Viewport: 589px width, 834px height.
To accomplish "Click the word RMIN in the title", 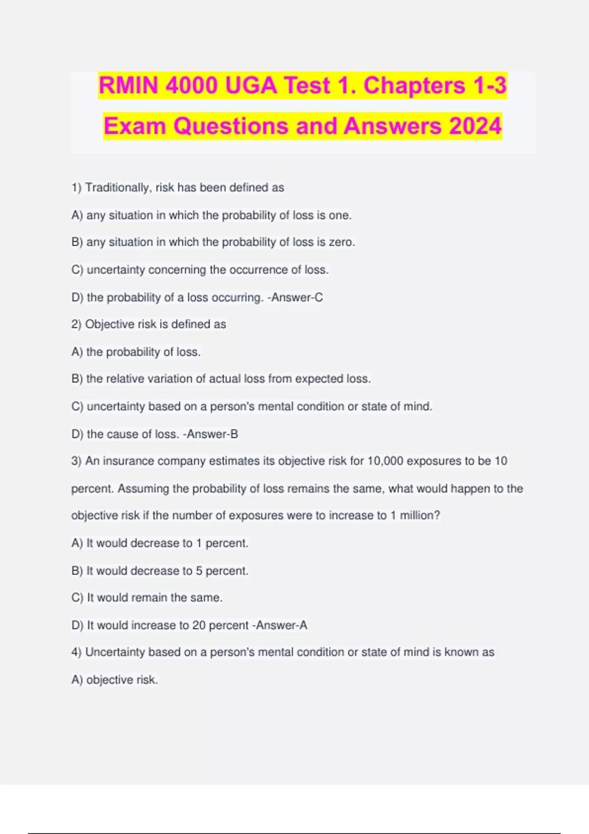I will tap(129, 85).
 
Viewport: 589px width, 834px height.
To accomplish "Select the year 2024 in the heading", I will tap(475, 126).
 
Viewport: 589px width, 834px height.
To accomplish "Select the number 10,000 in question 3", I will tap(385, 461).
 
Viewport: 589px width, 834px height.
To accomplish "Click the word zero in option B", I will tap(341, 242).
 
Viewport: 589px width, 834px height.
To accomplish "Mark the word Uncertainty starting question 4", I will tap(115, 652).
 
